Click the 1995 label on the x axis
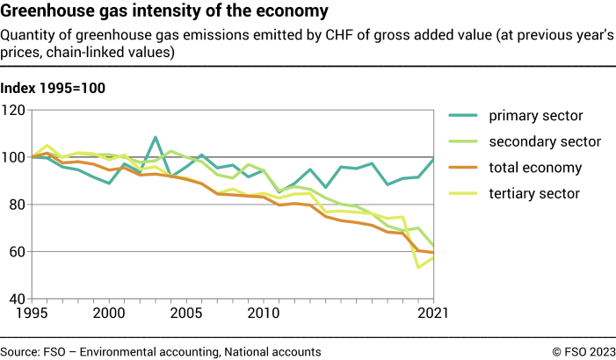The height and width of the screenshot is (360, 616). (31, 313)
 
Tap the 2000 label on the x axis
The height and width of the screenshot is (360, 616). (108, 313)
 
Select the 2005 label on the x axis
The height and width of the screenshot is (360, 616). (185, 313)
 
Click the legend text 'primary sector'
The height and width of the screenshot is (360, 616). (535, 116)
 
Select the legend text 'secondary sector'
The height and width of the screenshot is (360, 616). (545, 142)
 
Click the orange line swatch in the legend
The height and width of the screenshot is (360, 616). (464, 168)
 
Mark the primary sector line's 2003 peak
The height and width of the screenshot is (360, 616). (156, 138)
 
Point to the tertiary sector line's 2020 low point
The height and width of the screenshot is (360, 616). (418, 267)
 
